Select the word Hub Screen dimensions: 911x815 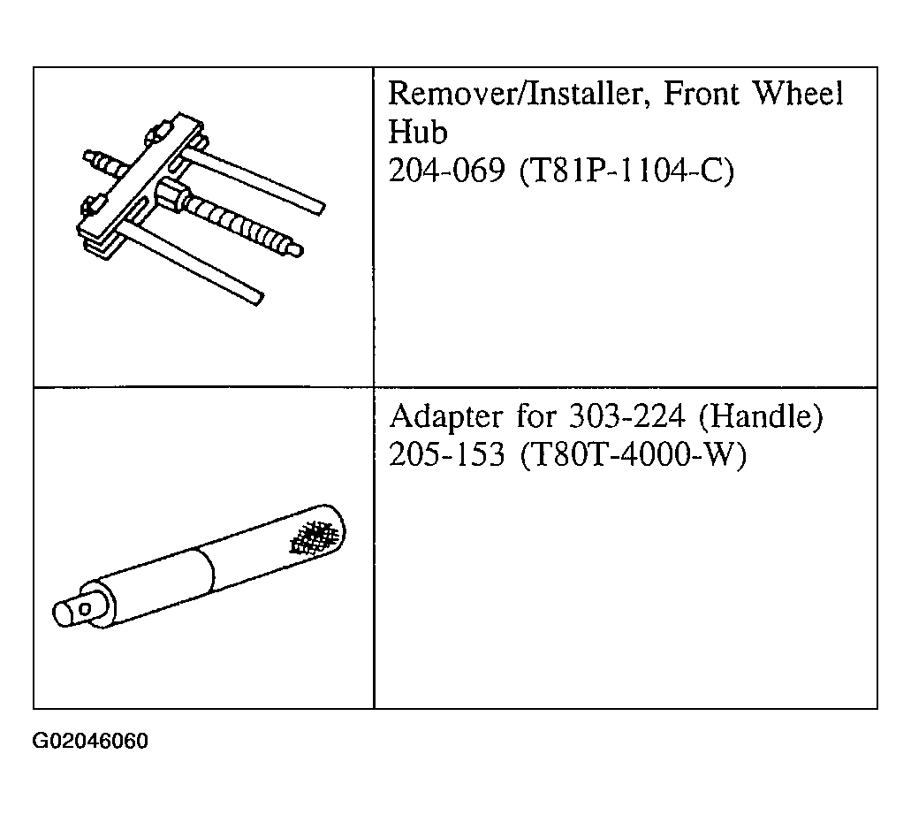[418, 132]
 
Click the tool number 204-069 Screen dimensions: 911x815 [446, 171]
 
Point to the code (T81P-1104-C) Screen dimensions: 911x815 [626, 171]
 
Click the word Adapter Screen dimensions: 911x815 [446, 417]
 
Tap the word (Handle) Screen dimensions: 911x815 [761, 416]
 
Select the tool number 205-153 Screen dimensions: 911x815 [446, 454]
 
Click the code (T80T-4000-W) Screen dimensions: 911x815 [632, 454]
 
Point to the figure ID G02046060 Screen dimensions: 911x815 [90, 741]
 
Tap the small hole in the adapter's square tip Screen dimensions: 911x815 [85, 609]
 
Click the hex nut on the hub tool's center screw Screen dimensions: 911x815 [170, 193]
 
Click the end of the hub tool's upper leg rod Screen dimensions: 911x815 [319, 208]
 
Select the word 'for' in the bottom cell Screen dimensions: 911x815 [535, 416]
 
